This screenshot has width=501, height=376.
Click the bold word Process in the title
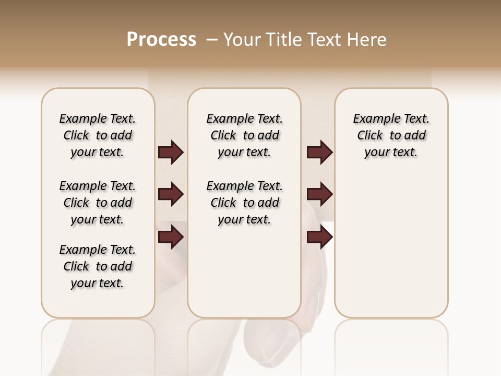(161, 40)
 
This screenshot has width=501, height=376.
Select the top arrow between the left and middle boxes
(171, 152)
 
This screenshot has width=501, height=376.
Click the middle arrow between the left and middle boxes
(171, 195)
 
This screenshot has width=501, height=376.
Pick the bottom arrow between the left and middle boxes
(171, 238)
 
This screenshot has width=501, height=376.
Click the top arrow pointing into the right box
(319, 152)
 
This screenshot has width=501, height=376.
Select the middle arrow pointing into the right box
(319, 195)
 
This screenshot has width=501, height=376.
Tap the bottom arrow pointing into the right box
(319, 238)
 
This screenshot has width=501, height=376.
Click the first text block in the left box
(98, 135)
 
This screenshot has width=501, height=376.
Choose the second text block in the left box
(98, 203)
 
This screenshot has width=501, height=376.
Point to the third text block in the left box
(98, 266)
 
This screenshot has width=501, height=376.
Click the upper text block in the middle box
(244, 135)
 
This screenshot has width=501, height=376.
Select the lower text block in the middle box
(244, 203)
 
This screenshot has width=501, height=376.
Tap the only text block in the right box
(391, 135)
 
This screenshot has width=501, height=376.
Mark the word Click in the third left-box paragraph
(76, 266)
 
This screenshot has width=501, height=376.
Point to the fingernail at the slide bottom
(271, 345)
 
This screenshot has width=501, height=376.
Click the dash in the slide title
(212, 40)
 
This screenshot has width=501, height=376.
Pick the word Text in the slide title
(324, 40)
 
